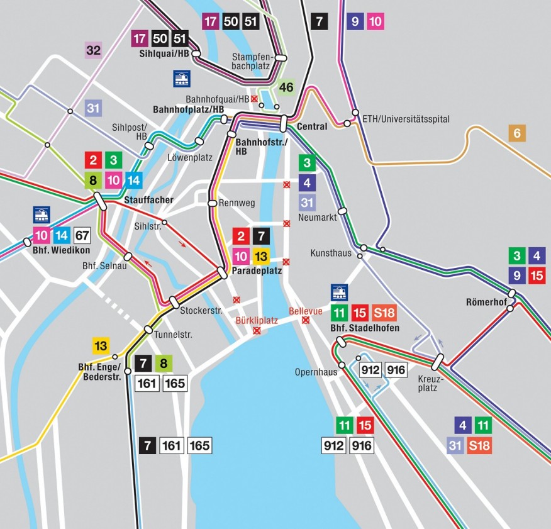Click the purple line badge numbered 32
tap(93, 50)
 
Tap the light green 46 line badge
tap(286, 87)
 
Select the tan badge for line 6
tap(517, 133)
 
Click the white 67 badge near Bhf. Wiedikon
tap(82, 236)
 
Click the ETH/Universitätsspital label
tap(406, 119)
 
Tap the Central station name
tap(312, 126)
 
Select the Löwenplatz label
tap(187, 157)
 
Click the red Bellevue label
tap(306, 311)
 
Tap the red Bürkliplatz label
tap(256, 320)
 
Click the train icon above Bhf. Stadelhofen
tap(340, 292)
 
